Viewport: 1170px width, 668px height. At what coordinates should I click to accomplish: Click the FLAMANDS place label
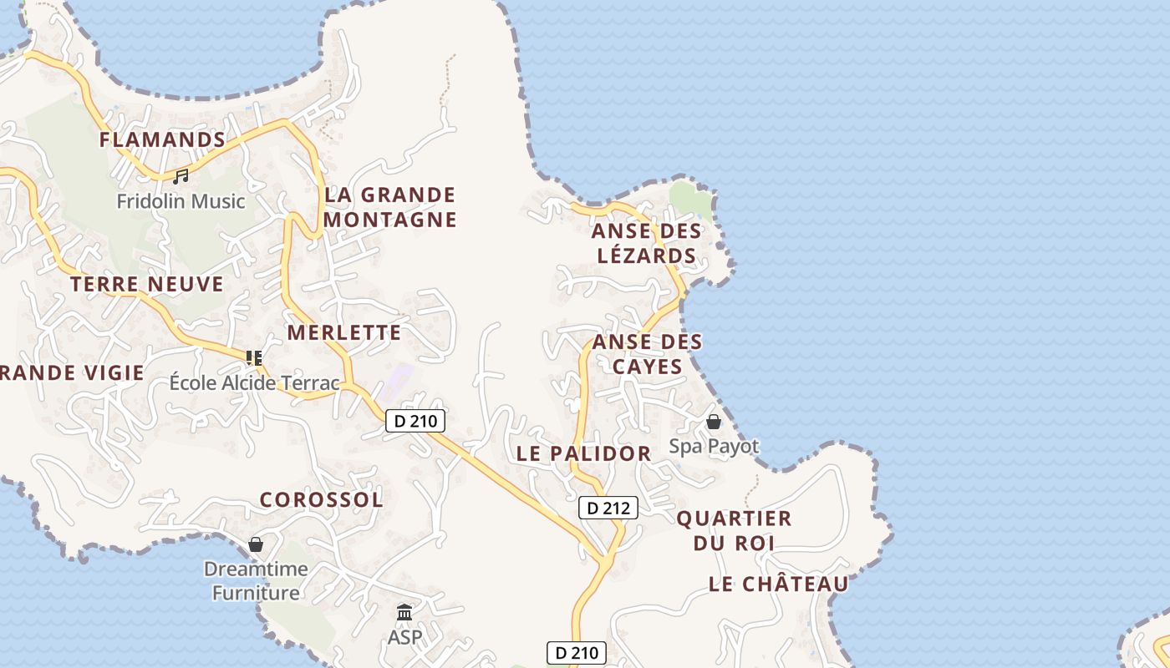[x=162, y=139]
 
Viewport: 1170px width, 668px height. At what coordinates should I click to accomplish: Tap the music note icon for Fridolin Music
[x=181, y=176]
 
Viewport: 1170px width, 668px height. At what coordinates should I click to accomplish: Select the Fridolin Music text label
[x=181, y=201]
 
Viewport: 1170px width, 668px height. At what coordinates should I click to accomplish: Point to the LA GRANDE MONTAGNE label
[x=390, y=207]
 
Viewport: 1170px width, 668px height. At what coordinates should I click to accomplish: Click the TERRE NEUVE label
[x=147, y=285]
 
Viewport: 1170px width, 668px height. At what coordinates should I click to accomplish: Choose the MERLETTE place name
[x=344, y=332]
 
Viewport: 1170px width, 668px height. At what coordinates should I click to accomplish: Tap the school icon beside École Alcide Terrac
[x=254, y=358]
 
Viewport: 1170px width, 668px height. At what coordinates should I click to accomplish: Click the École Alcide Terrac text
[x=254, y=383]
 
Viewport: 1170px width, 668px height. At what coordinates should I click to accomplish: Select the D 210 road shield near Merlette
[x=415, y=422]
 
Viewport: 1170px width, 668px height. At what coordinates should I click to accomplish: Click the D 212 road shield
[x=608, y=508]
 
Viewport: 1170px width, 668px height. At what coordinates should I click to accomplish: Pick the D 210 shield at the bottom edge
[x=576, y=653]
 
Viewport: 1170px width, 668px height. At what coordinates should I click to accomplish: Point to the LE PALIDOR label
[x=583, y=454]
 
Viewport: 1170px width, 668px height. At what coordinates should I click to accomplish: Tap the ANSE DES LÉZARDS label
[x=646, y=243]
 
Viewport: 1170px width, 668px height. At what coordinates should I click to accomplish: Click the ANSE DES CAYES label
[x=647, y=354]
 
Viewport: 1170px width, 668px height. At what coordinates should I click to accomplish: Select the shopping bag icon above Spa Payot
[x=714, y=422]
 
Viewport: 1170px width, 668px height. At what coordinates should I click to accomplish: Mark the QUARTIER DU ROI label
[x=734, y=530]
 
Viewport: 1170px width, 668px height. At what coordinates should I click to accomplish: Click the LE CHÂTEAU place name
[x=778, y=584]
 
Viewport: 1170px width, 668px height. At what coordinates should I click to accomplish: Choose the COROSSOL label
[x=321, y=500]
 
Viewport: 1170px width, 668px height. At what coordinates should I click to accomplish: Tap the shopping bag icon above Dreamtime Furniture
[x=256, y=544]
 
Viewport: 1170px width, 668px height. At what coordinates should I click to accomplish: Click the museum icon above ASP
[x=404, y=613]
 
